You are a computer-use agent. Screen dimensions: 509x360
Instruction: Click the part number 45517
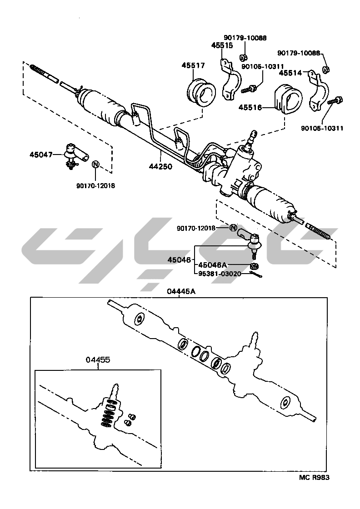pyautogui.click(x=193, y=66)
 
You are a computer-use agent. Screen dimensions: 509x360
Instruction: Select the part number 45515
pyautogui.click(x=222, y=45)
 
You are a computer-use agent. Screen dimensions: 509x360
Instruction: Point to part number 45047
pyautogui.click(x=41, y=155)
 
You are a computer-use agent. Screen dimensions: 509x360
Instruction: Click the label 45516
pyautogui.click(x=250, y=108)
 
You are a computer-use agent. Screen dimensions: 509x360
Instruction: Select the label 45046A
pyautogui.click(x=213, y=265)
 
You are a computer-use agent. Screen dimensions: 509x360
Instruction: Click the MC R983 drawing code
pyautogui.click(x=314, y=478)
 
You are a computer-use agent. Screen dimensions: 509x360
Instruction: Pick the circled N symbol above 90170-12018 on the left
pyautogui.click(x=96, y=164)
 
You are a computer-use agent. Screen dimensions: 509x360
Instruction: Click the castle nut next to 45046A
pyautogui.click(x=255, y=265)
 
